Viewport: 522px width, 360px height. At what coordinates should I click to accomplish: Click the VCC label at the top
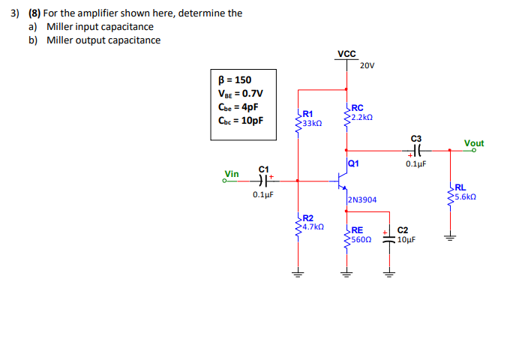coord(346,54)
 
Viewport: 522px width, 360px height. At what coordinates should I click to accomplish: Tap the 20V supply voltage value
coord(367,65)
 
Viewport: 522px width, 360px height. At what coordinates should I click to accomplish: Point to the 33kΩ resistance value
coord(312,122)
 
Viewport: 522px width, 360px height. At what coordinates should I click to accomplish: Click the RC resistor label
coord(357,108)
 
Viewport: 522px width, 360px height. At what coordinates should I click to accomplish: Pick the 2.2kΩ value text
coord(361,117)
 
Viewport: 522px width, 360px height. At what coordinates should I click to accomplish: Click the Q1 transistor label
coord(354,163)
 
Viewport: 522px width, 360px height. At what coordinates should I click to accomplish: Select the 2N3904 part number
coord(363,200)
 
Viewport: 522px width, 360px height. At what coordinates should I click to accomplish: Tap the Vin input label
coord(232,174)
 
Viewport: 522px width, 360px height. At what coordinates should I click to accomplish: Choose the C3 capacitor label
coord(416,138)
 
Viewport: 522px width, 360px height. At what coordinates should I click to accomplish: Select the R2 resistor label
coord(308,217)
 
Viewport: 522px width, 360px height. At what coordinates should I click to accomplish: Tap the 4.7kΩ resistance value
coord(313,226)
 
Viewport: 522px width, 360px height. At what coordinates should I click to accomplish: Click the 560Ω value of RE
coord(360,240)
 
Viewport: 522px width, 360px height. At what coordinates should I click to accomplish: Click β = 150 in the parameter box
coord(235,80)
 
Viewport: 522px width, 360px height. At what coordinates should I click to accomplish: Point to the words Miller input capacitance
coord(100,27)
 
